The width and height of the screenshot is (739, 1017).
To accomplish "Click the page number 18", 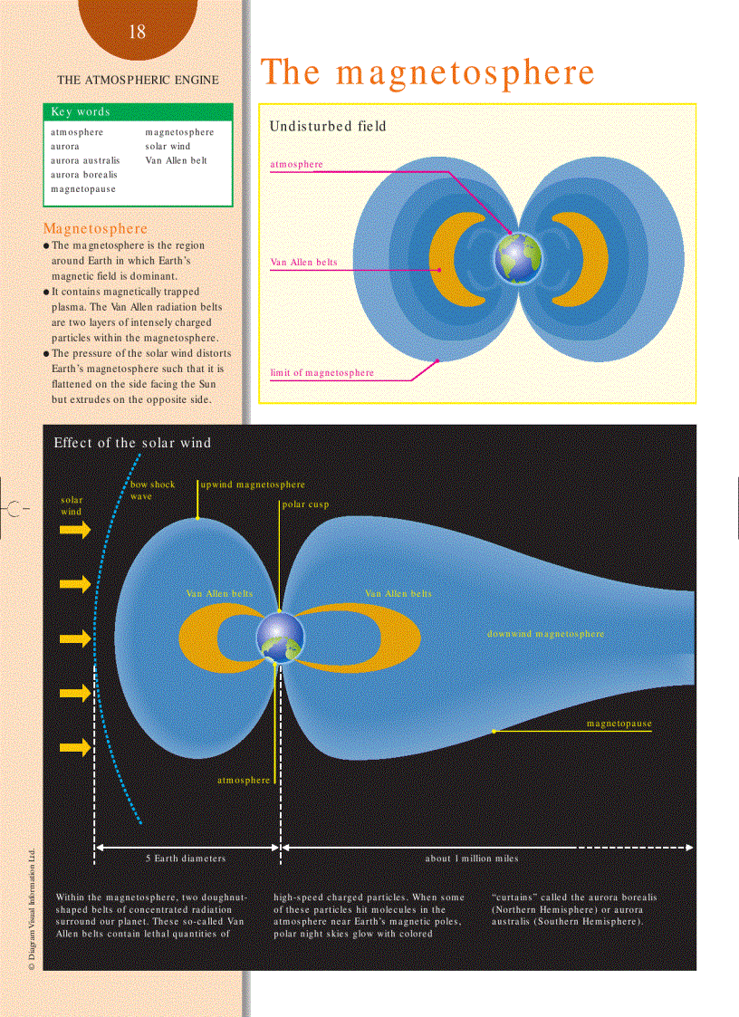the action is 137,33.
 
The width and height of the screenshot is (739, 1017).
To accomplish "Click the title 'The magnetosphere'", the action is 427,72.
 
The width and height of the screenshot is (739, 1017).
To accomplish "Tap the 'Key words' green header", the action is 81,112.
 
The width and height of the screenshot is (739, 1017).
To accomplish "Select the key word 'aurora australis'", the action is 85,160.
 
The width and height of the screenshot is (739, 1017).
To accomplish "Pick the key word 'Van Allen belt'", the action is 176,160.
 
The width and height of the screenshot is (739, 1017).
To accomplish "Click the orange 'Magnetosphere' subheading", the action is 95,228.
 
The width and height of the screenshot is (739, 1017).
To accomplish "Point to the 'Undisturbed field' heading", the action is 327,127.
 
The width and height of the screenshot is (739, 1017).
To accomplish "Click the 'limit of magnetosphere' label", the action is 322,373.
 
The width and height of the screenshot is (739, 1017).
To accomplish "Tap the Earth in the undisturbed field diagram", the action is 517,254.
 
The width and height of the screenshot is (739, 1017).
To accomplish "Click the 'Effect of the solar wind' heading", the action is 132,443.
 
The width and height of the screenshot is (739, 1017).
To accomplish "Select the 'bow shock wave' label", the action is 152,490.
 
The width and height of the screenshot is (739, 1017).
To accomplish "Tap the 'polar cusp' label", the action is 305,504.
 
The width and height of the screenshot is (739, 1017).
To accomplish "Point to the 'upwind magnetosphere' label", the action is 253,485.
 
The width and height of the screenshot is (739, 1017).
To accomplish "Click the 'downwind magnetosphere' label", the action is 545,634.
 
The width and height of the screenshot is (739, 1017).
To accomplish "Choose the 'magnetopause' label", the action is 619,724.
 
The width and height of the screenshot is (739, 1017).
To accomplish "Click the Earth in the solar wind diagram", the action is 280,637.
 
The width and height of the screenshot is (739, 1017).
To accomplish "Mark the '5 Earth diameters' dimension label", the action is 186,858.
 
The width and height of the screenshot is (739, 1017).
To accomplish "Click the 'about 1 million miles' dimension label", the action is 472,858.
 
